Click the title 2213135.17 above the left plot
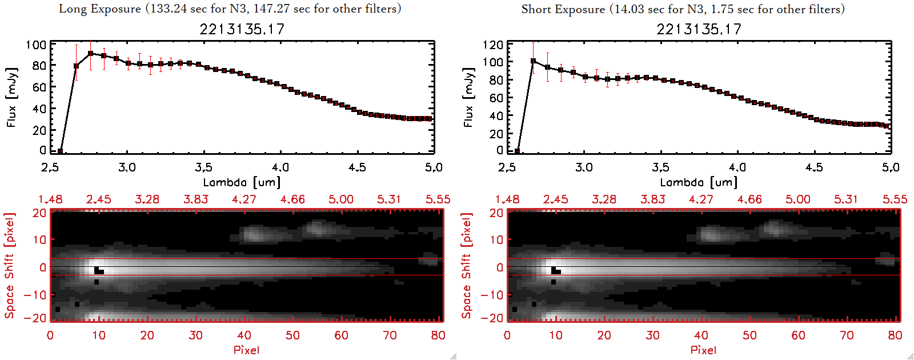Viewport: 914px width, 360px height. coord(242,29)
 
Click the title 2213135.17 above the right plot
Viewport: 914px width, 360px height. coord(699,29)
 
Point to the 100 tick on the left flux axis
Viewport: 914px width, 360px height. coord(36,45)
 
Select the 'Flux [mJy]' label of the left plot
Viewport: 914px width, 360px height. coord(12,97)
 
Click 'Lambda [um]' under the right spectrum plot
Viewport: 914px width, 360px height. coord(699,182)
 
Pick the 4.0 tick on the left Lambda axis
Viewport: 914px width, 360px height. coord(280,167)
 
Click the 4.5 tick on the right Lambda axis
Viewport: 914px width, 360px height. coord(814,167)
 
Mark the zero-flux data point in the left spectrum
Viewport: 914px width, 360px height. coord(60,151)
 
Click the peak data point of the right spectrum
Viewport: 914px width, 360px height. coord(533,61)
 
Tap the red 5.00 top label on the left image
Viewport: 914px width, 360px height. coord(340,199)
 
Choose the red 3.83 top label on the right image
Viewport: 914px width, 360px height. coord(652,199)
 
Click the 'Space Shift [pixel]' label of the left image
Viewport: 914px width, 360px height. coord(10,266)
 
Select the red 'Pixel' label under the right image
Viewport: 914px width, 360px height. coord(703,350)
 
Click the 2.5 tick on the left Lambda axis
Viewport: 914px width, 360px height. coord(50,167)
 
